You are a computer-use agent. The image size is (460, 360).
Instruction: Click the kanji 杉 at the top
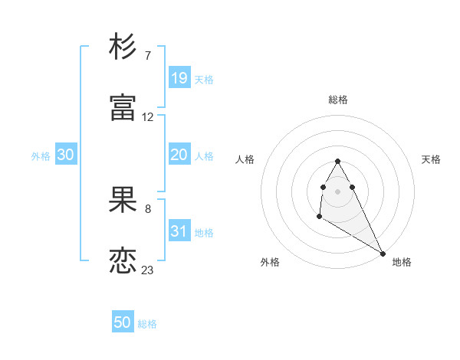(123, 47)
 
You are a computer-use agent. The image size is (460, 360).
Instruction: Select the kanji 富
(123, 108)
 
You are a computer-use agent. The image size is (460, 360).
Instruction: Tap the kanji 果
(123, 201)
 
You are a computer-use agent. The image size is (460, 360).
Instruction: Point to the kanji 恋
(123, 261)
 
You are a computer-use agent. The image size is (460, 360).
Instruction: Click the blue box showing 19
(179, 77)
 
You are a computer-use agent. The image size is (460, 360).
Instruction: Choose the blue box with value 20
(179, 155)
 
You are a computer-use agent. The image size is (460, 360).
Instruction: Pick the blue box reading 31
(179, 231)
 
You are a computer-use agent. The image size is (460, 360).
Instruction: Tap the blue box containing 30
(66, 155)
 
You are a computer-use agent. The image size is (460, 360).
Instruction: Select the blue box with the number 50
(123, 322)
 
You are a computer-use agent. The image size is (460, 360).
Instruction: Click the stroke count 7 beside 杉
(147, 56)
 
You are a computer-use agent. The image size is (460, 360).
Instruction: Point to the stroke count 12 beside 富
(148, 117)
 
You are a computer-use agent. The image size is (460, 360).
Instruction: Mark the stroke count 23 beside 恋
(148, 270)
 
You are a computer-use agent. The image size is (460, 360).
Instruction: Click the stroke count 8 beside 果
(147, 209)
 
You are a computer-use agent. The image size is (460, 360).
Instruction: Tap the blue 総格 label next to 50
(147, 324)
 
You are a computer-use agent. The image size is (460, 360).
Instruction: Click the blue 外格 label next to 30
(41, 156)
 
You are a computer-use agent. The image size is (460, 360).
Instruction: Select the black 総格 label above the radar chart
(338, 100)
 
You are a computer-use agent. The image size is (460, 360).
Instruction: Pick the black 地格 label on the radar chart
(402, 262)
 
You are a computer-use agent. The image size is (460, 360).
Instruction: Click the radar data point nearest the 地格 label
(383, 254)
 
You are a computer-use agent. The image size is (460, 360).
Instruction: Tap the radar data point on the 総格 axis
(337, 161)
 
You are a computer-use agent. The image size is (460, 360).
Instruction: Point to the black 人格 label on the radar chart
(245, 159)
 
